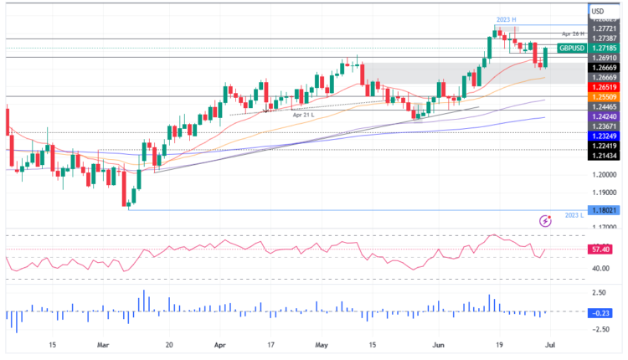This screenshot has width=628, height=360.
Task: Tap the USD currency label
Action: tap(598, 11)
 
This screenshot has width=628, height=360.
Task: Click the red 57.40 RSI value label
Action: tap(600, 249)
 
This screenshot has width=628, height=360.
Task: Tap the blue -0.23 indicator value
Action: tap(600, 312)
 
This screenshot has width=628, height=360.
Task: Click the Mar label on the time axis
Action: tap(103, 344)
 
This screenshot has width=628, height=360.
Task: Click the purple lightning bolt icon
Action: tap(546, 221)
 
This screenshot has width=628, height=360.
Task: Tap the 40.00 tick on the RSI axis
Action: tap(600, 269)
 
